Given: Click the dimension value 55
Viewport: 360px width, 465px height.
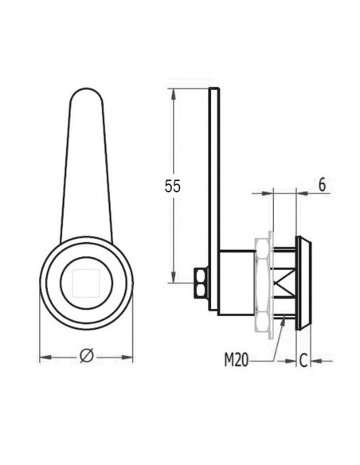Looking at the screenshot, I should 173,186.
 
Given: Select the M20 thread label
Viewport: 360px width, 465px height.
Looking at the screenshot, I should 236,361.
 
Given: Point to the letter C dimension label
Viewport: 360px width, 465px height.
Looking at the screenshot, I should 303,361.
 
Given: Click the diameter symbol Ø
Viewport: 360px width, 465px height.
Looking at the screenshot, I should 87,358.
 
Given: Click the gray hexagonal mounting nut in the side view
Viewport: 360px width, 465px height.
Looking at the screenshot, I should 259,283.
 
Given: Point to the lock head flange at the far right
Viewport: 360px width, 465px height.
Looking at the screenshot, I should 305,283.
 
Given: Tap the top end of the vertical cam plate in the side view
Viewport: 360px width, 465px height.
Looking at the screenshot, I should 213,91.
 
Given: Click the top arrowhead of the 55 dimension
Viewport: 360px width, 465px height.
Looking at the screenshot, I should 173,92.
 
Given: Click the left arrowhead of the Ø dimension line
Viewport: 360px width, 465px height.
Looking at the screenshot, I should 45,358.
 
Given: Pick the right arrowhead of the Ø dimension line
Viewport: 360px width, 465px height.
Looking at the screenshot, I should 129,358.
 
